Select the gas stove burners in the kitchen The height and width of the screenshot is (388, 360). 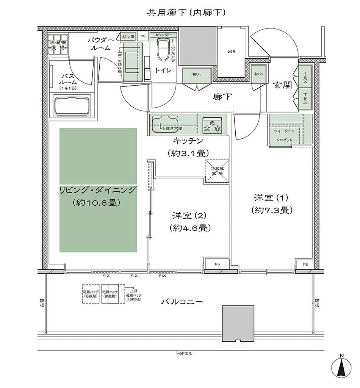pos(212,125)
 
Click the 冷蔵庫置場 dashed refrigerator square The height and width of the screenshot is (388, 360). pos(217,171)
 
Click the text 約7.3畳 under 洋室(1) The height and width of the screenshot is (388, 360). pos(271,210)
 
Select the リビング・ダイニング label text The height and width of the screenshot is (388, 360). pos(97,191)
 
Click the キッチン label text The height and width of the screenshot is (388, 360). pos(188,141)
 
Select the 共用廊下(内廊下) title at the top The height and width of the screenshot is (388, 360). pos(186,13)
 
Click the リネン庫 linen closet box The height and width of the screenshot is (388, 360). pos(128,36)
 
